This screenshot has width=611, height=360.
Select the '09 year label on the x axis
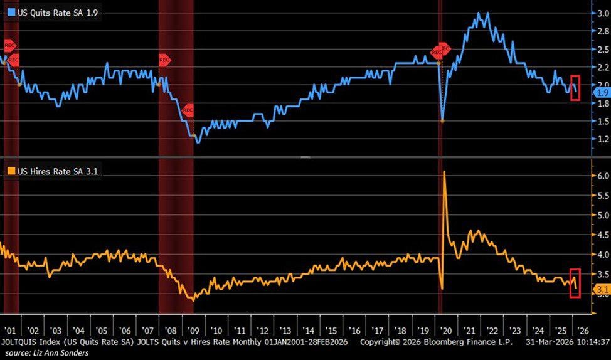[x=193, y=330]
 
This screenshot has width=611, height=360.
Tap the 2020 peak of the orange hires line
[x=444, y=171]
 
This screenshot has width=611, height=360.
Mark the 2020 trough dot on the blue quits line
[x=442, y=120]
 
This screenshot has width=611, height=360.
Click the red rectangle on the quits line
[x=575, y=88]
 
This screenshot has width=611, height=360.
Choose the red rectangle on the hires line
[x=575, y=283]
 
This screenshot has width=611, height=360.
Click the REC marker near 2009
[x=188, y=110]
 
